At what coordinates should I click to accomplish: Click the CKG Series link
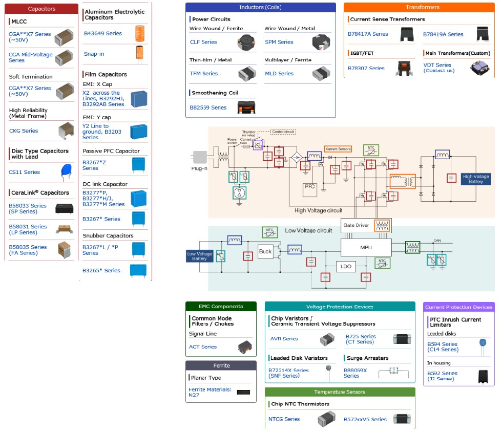[24, 131]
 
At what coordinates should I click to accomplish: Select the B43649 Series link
[102, 33]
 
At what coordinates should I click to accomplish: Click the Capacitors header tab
[42, 9]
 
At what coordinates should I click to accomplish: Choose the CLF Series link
[203, 42]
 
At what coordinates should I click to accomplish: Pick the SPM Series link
[279, 42]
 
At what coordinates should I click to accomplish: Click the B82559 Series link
[208, 107]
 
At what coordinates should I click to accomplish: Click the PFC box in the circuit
[310, 187]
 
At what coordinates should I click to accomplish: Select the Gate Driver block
[356, 225]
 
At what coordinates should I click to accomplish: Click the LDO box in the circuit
[346, 267]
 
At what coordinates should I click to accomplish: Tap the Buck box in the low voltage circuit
[265, 251]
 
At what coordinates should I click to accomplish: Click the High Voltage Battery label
[476, 179]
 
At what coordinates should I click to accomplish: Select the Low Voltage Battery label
[199, 256]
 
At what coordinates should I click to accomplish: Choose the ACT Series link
[203, 347]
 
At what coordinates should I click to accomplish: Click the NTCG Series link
[284, 419]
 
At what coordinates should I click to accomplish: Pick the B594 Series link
[442, 347]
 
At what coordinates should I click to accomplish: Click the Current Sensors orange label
[338, 148]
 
